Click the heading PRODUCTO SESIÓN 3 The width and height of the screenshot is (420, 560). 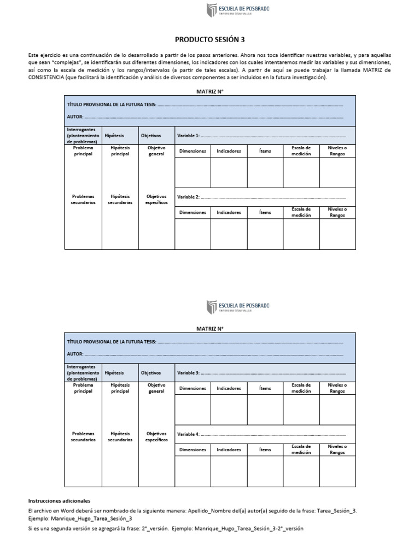coord(210,39)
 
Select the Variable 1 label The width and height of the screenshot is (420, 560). coord(188,135)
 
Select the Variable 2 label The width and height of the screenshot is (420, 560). coord(188,197)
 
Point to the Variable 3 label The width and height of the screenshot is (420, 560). coord(188,372)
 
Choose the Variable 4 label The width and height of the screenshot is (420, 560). coord(188,434)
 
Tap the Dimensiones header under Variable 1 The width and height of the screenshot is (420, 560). coord(192,151)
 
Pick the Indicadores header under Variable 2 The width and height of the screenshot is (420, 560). coord(229,212)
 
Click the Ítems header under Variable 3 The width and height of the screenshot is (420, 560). coord(265,388)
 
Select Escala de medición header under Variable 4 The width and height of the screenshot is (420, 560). coord(301,450)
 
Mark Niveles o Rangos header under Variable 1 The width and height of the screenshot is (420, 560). coord(337,151)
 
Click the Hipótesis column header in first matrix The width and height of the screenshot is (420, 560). coord(114,135)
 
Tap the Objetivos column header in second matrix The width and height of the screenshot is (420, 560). coord(151,372)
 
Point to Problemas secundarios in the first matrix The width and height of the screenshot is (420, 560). coord(83,199)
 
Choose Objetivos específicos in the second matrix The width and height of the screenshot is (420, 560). coord(156,436)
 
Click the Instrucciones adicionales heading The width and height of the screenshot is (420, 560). coord(59,500)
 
